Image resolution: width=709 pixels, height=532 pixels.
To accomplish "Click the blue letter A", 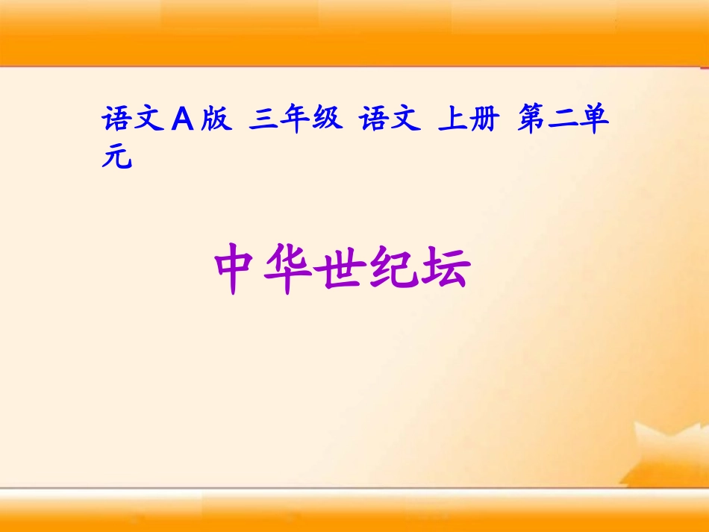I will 182,120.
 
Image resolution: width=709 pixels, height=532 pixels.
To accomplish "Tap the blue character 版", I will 216,120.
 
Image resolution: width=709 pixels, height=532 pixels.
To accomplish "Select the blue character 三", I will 265,120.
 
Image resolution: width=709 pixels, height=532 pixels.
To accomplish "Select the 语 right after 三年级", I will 374,120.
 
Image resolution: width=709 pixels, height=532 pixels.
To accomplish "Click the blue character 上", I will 452,120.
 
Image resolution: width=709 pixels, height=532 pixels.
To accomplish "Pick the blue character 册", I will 484,120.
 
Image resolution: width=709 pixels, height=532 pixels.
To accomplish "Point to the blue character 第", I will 531,120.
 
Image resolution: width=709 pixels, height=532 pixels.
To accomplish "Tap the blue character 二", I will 563,120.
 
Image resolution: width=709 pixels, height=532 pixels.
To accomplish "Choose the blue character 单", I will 595,120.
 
